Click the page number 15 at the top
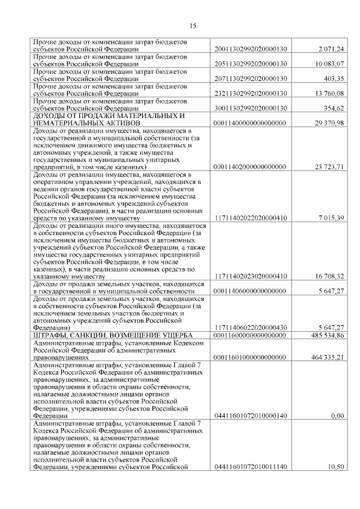click(x=192, y=25)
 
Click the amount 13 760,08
click(x=330, y=93)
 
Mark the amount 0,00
click(x=337, y=416)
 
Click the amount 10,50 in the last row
click(x=336, y=467)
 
